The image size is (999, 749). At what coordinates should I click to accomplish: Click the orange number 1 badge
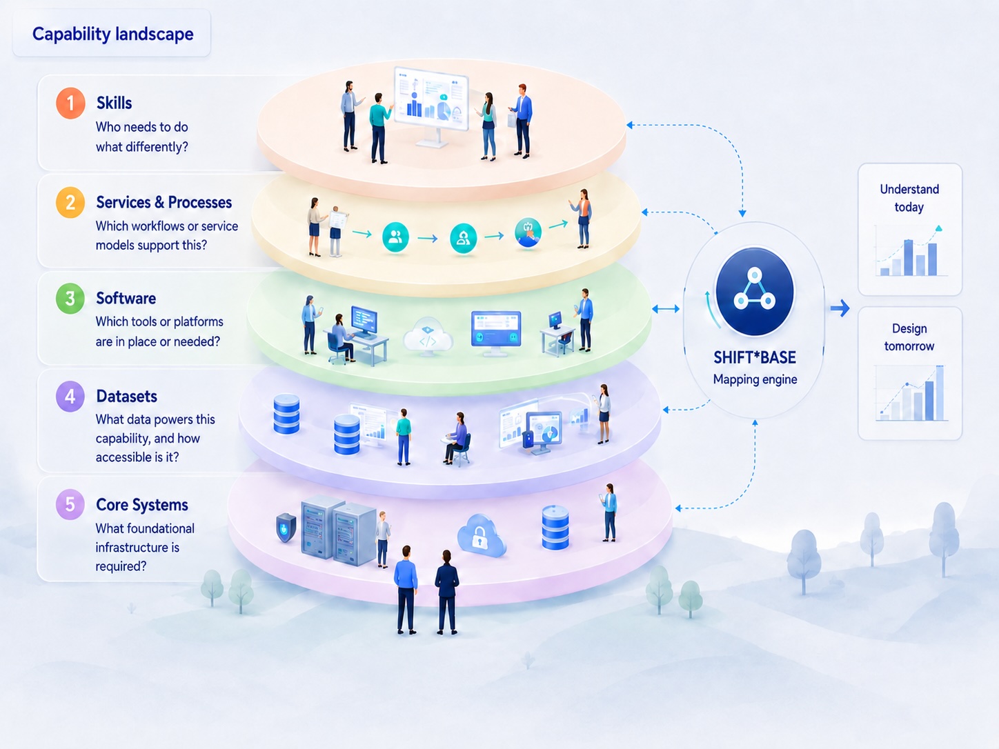pyautogui.click(x=70, y=103)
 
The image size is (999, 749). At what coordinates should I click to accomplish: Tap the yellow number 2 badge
pyautogui.click(x=70, y=202)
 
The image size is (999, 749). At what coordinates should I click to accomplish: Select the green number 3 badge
pyautogui.click(x=70, y=299)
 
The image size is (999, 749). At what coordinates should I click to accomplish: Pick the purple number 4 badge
pyautogui.click(x=70, y=397)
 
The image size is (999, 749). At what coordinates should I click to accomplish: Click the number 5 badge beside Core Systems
pyautogui.click(x=70, y=504)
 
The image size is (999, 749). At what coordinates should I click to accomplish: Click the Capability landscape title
pyautogui.click(x=113, y=34)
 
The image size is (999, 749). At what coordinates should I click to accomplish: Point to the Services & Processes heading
pyautogui.click(x=164, y=202)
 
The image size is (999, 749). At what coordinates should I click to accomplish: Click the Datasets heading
pyautogui.click(x=126, y=396)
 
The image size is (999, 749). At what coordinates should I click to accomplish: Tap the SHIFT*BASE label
pyautogui.click(x=755, y=357)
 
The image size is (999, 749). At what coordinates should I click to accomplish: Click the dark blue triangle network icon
pyautogui.click(x=755, y=292)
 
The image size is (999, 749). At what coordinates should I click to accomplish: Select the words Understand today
pyautogui.click(x=909, y=198)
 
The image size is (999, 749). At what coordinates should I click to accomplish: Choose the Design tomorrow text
pyautogui.click(x=909, y=337)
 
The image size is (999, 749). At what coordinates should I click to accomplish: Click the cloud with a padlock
pyautogui.click(x=481, y=535)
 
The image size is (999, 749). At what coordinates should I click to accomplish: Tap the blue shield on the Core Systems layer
pyautogui.click(x=286, y=528)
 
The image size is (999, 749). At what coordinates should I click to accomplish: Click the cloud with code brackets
pyautogui.click(x=428, y=337)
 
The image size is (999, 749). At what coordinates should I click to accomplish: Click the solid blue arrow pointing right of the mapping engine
pyautogui.click(x=840, y=308)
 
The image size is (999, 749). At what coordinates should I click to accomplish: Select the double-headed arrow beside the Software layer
pyautogui.click(x=665, y=309)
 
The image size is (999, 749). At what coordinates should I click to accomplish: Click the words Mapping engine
pyautogui.click(x=755, y=379)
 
